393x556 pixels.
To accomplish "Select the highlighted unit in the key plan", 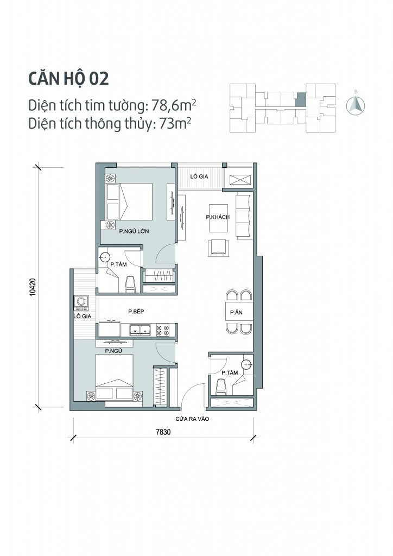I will pos(300,100).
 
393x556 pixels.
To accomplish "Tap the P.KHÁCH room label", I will pos(218,217).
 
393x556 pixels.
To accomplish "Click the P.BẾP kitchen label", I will pos(135,312).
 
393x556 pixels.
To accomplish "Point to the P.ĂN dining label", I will pos(236,313).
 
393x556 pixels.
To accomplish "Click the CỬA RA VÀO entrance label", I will pos(192,419).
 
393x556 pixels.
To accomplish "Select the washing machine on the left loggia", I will pos(83,301).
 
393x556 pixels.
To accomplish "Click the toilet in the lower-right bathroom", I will pos(221,386).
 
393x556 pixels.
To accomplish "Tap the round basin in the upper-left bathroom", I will pos(105,256).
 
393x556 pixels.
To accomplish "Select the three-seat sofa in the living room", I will pos(243,216).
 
